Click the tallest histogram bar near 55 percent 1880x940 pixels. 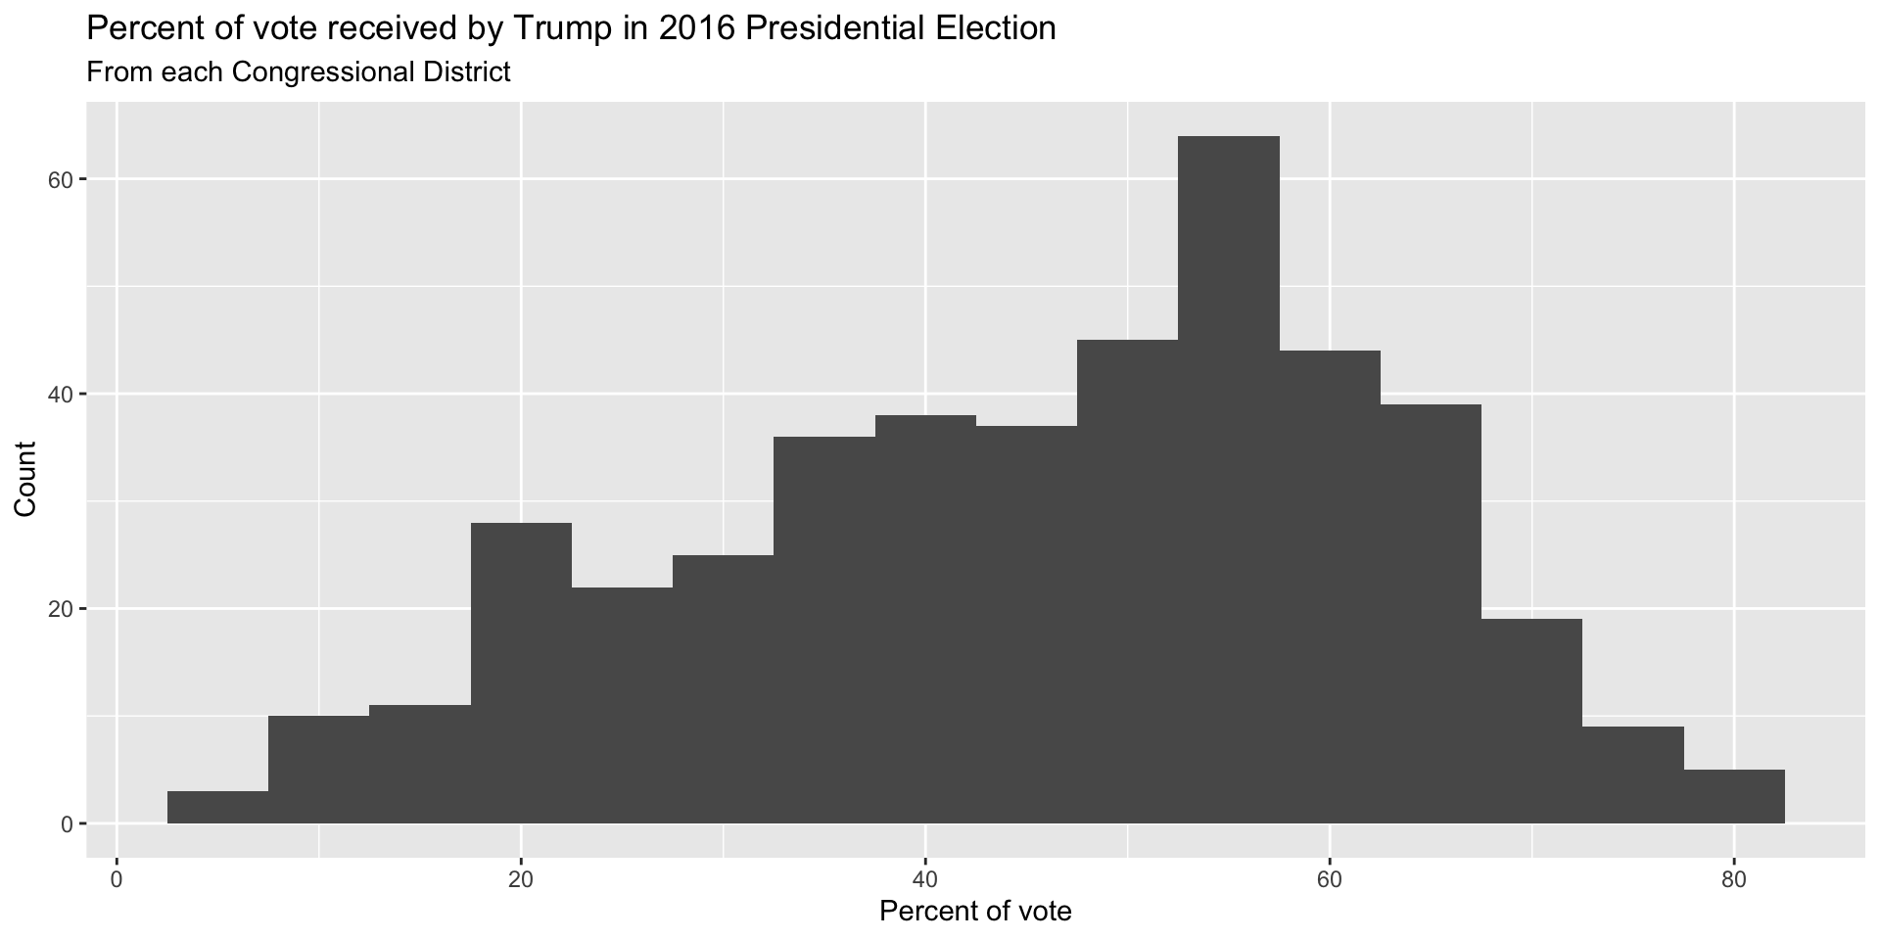pos(1228,480)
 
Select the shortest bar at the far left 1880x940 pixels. pos(217,807)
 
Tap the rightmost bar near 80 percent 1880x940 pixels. pos(1734,797)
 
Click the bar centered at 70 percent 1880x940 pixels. pos(1531,721)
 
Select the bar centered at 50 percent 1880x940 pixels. pos(1127,582)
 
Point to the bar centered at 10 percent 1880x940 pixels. pos(318,770)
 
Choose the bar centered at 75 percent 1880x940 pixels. pos(1633,775)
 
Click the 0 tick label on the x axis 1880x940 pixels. pos(117,878)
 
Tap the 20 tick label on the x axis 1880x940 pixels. pos(521,878)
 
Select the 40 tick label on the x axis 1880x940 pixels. pos(925,878)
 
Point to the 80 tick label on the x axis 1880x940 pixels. pos(1734,878)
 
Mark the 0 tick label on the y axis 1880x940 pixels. pos(67,824)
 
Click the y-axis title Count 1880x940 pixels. pos(25,479)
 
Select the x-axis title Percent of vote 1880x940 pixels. pos(975,912)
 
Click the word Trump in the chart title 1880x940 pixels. pos(553,28)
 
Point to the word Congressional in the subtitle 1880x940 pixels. pos(317,72)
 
